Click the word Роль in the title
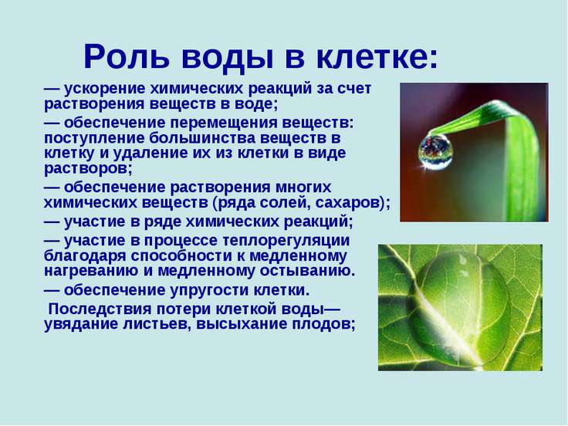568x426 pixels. (126, 58)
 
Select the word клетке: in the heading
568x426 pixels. (377, 57)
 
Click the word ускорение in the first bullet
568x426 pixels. (105, 89)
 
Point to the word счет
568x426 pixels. (354, 89)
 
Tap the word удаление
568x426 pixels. (149, 154)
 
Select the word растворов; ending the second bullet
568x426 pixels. (88, 169)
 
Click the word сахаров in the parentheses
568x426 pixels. (347, 203)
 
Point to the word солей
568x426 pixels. (285, 203)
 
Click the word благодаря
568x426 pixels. (85, 256)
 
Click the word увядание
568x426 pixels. (81, 324)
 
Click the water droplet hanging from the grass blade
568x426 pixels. (435, 152)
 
